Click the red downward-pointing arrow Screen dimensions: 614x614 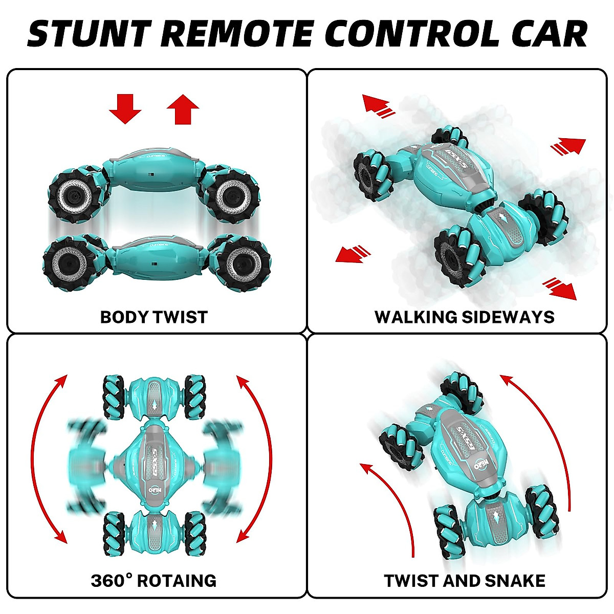(125, 108)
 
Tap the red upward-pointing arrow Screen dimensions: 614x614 (183, 108)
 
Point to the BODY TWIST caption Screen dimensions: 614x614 (153, 317)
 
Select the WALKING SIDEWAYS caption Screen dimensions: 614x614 (464, 317)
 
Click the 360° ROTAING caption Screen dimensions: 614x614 (153, 581)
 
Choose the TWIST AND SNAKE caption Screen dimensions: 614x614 (464, 581)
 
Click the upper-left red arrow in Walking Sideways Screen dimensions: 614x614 (378, 105)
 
